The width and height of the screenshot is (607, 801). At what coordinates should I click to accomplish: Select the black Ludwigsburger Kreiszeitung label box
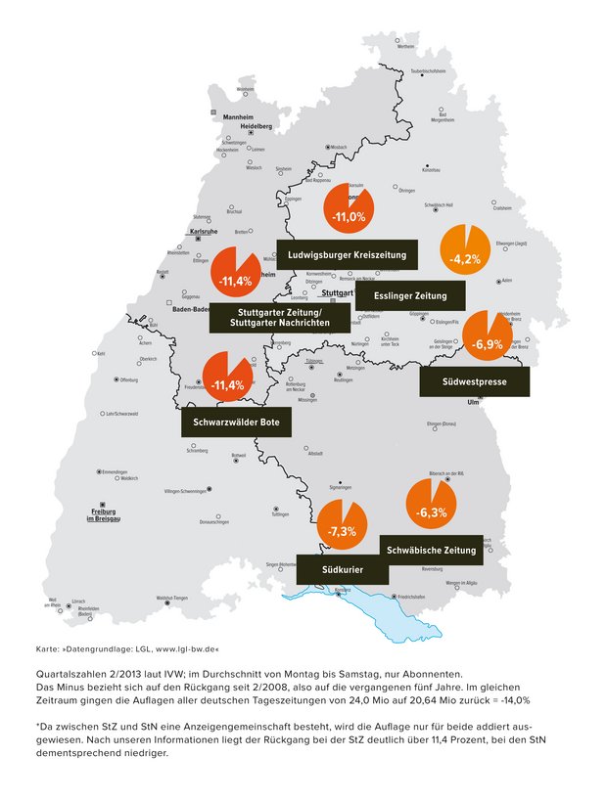[347, 254]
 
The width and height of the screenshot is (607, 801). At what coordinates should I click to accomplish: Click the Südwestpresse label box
[474, 381]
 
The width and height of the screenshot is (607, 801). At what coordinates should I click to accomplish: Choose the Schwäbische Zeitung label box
[431, 551]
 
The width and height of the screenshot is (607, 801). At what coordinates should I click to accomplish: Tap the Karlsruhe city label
[202, 232]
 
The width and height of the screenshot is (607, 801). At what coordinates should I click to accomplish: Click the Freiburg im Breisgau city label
[104, 514]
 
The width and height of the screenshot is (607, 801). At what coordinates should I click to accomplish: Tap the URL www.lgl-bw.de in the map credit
[186, 648]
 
